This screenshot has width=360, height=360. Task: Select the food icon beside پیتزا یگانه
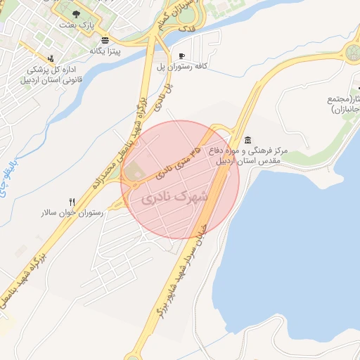pyautogui.click(x=105, y=39)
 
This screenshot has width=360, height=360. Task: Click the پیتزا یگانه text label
pyautogui.click(x=105, y=51)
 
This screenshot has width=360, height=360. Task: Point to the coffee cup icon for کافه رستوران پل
pyautogui.click(x=181, y=56)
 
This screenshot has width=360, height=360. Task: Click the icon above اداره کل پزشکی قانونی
pyautogui.click(x=49, y=58)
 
